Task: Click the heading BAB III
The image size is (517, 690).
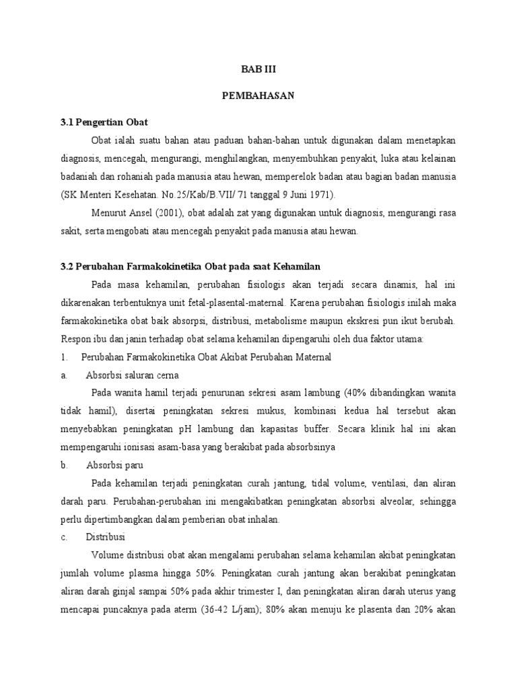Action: (x=258, y=69)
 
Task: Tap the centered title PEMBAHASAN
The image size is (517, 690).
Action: (x=258, y=96)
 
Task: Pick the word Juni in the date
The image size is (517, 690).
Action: (x=298, y=195)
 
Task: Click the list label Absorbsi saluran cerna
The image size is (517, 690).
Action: (x=132, y=375)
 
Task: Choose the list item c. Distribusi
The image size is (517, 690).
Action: (x=111, y=537)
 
